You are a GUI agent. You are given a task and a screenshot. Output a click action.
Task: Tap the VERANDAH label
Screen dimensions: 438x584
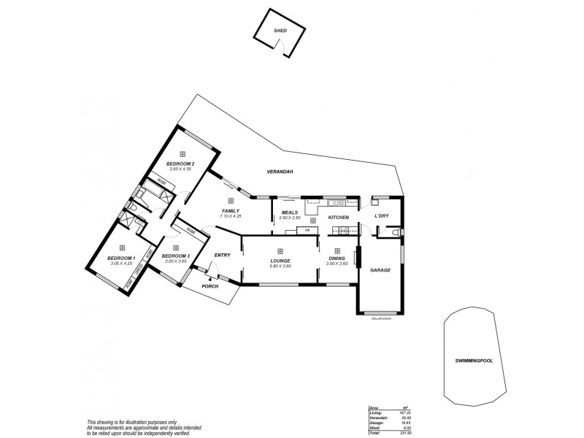point(280,172)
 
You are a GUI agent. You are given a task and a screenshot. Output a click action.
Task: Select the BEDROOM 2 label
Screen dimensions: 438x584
point(179,163)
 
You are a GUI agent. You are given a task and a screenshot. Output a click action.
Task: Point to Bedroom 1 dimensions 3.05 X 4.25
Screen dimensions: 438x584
point(121,263)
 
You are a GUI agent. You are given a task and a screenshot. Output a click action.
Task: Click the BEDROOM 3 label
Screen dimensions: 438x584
point(176,255)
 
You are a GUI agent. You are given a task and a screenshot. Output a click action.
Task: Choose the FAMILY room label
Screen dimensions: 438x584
point(231,211)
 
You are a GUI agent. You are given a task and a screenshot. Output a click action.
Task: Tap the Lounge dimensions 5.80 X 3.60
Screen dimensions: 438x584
point(280,266)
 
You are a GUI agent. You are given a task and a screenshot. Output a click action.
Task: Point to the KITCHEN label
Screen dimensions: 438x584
point(338,218)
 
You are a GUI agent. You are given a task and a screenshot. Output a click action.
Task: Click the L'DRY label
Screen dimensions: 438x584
point(381,217)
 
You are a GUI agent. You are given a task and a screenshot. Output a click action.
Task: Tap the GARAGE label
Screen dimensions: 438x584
point(380,270)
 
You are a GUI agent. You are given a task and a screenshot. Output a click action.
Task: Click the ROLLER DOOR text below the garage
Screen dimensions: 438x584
point(382,319)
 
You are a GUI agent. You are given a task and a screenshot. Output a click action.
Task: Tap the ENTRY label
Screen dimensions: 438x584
point(222,255)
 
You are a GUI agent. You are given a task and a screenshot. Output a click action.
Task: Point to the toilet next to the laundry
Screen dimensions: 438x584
point(393,232)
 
